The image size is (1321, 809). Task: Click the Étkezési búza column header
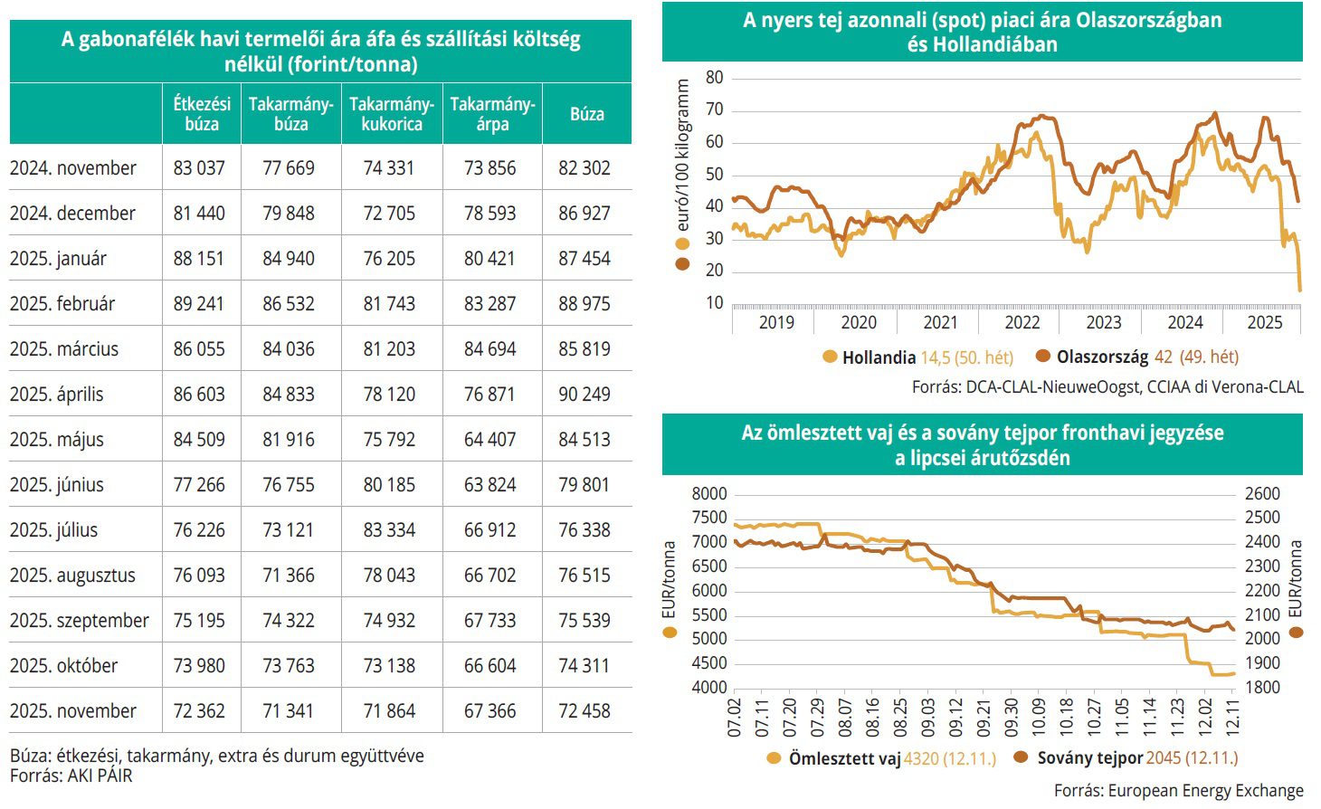202,114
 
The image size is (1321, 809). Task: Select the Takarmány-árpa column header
492,114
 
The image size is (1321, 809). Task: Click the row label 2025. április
57,395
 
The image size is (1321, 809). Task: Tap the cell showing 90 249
584,395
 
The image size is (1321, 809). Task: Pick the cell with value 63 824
489,485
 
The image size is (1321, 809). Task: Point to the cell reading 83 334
389,530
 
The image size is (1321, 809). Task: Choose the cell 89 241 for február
199,304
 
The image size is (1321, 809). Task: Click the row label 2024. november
73,168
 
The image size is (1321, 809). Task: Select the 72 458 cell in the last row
584,711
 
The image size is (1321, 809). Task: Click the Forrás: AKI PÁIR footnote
71,776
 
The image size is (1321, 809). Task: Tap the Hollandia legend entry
918,357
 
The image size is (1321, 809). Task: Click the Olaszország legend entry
1136,357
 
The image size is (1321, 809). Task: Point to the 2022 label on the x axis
1022,322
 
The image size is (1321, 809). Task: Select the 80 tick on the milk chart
715,78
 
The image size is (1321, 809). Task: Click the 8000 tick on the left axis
709,494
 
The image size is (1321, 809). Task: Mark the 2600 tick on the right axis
1263,494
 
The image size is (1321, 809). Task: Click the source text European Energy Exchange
1179,791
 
